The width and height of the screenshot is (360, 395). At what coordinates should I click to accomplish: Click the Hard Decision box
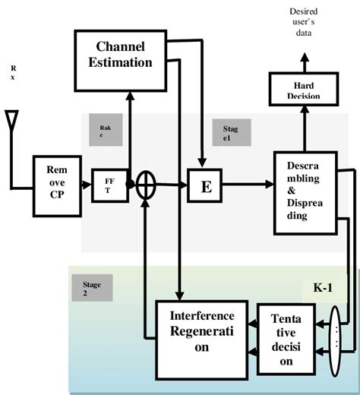302,90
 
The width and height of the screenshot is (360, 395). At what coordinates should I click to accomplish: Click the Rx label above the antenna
12,72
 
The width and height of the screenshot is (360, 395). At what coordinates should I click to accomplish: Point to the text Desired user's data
303,23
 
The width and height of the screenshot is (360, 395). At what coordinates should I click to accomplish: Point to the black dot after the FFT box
131,185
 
